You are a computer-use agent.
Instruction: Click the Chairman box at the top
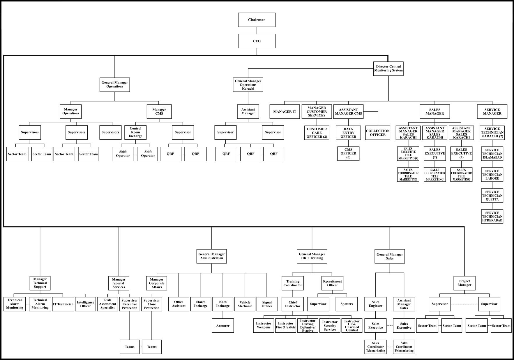[x=257, y=20]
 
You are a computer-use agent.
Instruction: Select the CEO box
[x=257, y=41]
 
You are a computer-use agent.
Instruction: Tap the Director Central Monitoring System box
[x=388, y=68]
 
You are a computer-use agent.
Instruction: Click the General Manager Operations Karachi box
[x=248, y=85]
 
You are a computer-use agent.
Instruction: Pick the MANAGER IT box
[x=285, y=111]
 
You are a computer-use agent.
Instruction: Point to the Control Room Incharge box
[x=135, y=132]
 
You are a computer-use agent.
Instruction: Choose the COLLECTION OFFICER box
[x=377, y=133]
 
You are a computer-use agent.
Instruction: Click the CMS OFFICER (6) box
[x=348, y=153]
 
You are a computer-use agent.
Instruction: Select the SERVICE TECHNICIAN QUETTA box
[x=492, y=196]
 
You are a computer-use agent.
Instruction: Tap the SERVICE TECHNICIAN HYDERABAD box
[x=492, y=217]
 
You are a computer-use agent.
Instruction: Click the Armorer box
[x=223, y=326]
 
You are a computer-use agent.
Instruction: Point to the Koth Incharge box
[x=223, y=304]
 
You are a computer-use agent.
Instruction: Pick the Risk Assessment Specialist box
[x=107, y=304]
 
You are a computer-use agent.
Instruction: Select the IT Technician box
[x=63, y=304]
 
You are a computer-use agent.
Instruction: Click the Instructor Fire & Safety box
[x=286, y=325]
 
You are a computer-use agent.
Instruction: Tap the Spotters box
[x=347, y=304]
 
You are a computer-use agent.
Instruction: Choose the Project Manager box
[x=464, y=283]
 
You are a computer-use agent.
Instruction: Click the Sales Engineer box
[x=375, y=304]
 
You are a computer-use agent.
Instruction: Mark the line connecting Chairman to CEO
[x=257, y=31]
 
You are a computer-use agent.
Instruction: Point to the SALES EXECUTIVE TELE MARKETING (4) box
[x=408, y=154]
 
